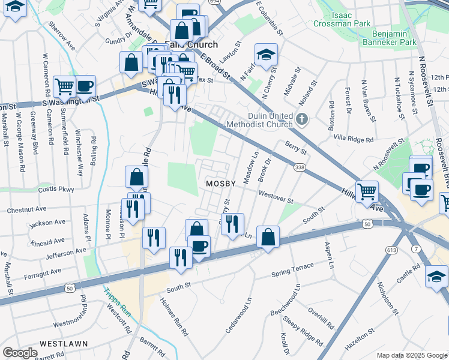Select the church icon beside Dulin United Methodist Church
pyautogui.click(x=302, y=120)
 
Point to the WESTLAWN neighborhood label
pyautogui.click(x=64, y=344)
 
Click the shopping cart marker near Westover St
pyautogui.click(x=367, y=193)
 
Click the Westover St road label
pyautogui.click(x=276, y=197)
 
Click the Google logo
pyautogui.click(x=19, y=353)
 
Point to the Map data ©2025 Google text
pyautogui.click(x=411, y=355)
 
